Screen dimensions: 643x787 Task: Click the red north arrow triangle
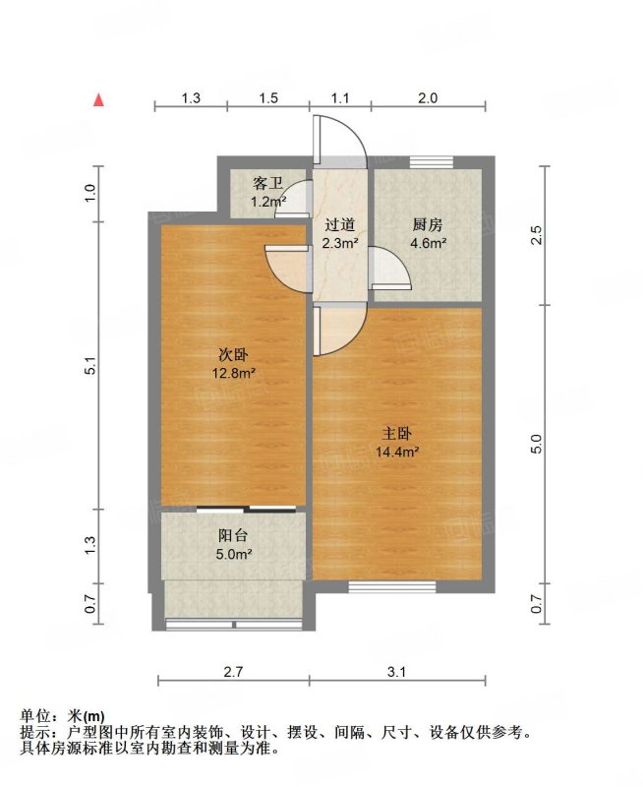pyautogui.click(x=99, y=100)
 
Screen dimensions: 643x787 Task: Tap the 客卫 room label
pyautogui.click(x=267, y=183)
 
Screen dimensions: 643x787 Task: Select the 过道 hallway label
pyautogui.click(x=339, y=224)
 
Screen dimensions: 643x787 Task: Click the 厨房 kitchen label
pyautogui.click(x=428, y=224)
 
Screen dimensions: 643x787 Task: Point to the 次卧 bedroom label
pyautogui.click(x=233, y=355)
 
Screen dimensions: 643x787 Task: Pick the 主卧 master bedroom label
pyautogui.click(x=397, y=433)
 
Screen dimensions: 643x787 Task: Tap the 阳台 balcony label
pyautogui.click(x=233, y=535)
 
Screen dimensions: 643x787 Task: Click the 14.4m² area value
pyautogui.click(x=397, y=452)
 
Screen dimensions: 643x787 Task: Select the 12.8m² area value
pyautogui.click(x=234, y=374)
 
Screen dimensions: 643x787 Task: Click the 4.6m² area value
pyautogui.click(x=429, y=243)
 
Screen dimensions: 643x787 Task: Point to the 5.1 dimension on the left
pyautogui.click(x=90, y=365)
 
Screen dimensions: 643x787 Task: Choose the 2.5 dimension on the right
pyautogui.click(x=537, y=235)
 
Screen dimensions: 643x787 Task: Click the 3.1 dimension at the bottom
pyautogui.click(x=396, y=672)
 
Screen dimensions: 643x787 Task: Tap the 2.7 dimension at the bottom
pyautogui.click(x=233, y=672)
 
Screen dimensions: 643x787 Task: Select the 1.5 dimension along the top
pyautogui.click(x=268, y=97)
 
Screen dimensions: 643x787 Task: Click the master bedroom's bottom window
pyautogui.click(x=392, y=586)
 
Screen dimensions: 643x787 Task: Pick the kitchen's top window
pyautogui.click(x=432, y=162)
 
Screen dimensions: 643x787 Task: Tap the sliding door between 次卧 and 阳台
pyautogui.click(x=246, y=510)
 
